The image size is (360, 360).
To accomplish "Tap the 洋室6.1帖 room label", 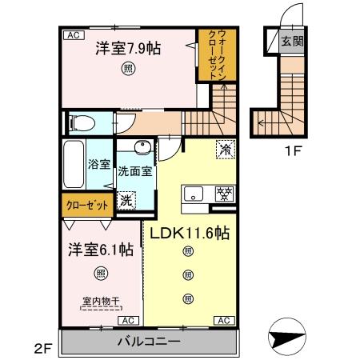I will pyautogui.click(x=99, y=249).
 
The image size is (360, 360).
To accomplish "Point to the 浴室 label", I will pyautogui.click(x=98, y=168).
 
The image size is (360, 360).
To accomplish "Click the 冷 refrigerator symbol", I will pyautogui.click(x=225, y=149).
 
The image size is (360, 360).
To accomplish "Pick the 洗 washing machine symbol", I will pyautogui.click(x=126, y=202).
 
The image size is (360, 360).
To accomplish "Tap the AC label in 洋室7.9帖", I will pyautogui.click(x=72, y=35).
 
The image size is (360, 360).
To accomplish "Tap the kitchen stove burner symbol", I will pyautogui.click(x=225, y=193).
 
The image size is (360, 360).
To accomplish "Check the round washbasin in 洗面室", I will pyautogui.click(x=141, y=148).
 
